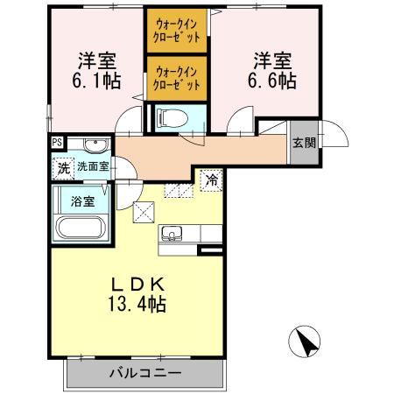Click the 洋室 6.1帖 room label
[98, 70]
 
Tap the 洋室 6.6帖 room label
[274, 70]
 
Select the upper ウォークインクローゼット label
[177, 32]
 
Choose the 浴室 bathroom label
[82, 201]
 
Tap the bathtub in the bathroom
[81, 229]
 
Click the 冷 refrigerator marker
[211, 179]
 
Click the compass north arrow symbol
[307, 340]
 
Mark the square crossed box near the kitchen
[143, 211]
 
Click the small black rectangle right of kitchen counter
[209, 250]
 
